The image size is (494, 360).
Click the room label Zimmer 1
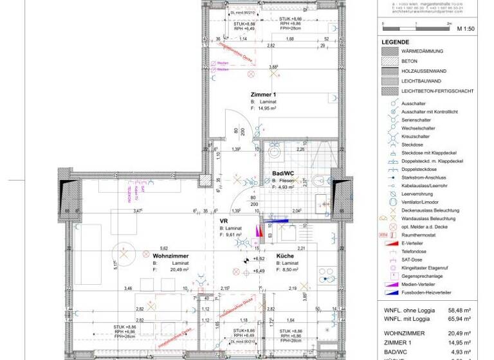(x=265, y=94)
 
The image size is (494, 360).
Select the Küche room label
(x=286, y=255)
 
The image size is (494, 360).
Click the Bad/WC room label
(x=283, y=174)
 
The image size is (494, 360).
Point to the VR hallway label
(x=224, y=221)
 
